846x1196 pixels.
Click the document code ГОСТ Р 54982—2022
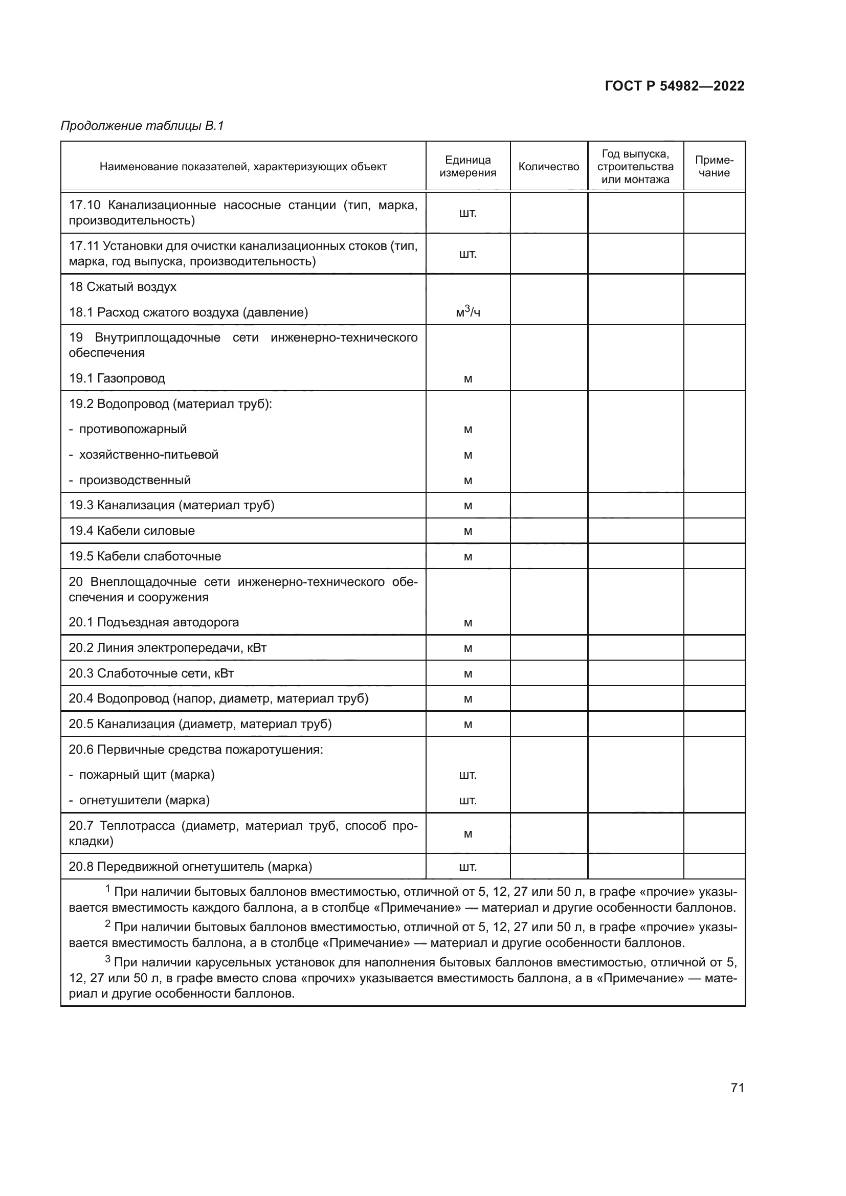[674, 86]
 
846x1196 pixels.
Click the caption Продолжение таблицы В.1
[142, 126]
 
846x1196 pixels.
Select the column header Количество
[548, 167]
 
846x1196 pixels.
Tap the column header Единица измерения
[467, 167]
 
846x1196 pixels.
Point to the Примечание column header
[714, 167]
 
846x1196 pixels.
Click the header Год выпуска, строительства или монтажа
[635, 167]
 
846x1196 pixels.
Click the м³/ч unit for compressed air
[467, 312]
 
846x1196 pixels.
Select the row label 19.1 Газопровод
[117, 378]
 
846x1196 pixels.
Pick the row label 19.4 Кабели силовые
[132, 531]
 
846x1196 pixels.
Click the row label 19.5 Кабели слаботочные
[145, 556]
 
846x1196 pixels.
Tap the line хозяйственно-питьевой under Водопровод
[148, 455]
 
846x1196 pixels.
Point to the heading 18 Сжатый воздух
[122, 287]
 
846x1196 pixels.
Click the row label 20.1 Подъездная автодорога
[153, 622]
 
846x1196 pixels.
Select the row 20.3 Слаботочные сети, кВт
[151, 673]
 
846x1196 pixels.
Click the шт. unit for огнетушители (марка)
[467, 801]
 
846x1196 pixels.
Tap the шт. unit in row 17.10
[467, 213]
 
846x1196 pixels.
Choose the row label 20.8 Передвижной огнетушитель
[190, 867]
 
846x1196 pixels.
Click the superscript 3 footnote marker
[108, 959]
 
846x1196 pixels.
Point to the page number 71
[737, 1088]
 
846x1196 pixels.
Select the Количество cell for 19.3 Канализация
[548, 505]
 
